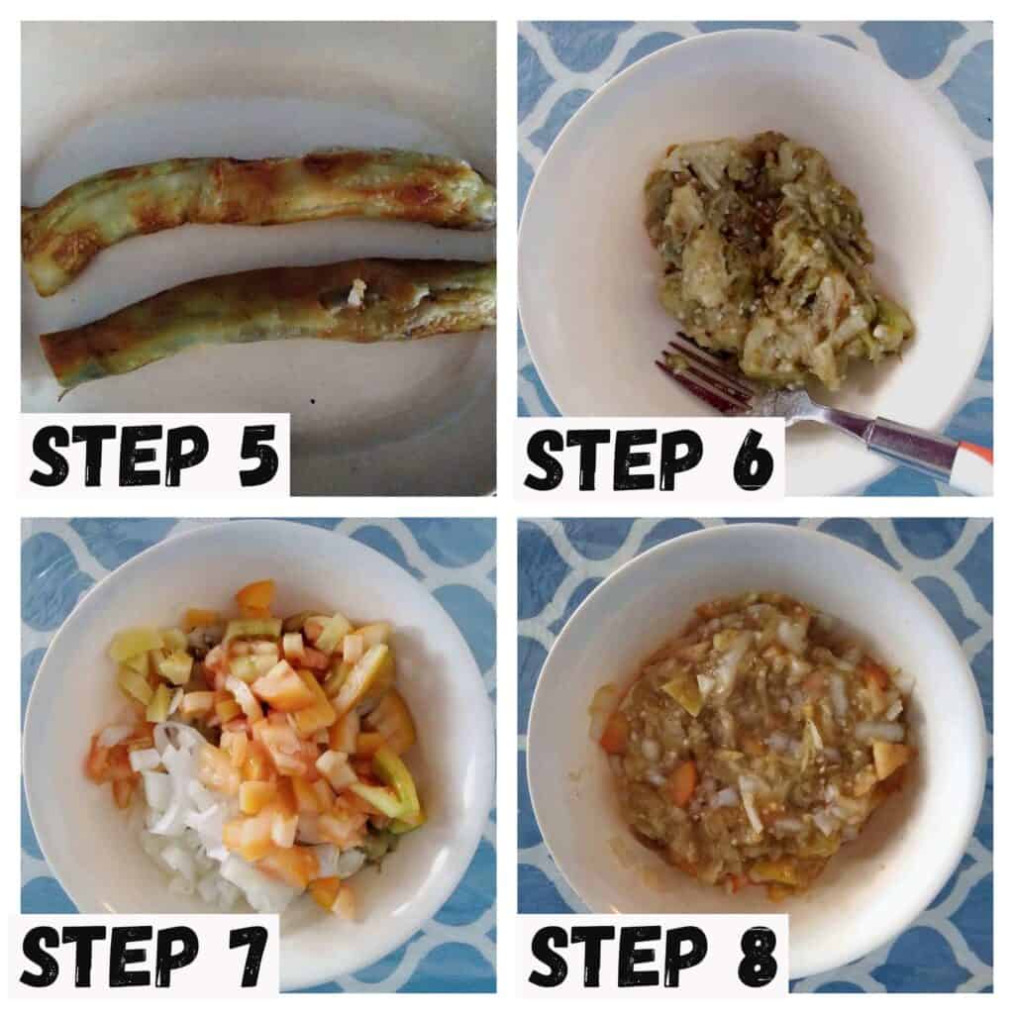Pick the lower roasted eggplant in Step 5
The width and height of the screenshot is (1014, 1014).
click(x=265, y=310)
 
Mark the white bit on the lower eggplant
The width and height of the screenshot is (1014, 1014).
click(x=355, y=292)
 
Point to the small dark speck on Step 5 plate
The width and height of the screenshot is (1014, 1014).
click(x=313, y=402)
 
